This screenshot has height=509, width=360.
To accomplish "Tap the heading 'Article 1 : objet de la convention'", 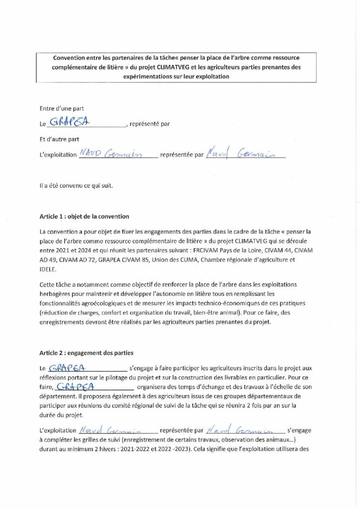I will pyautogui.click(x=84, y=216).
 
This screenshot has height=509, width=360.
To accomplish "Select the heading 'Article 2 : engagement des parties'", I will pyautogui.click(x=86, y=353).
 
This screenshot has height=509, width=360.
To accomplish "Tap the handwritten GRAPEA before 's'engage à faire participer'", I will pyautogui.click(x=69, y=368).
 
